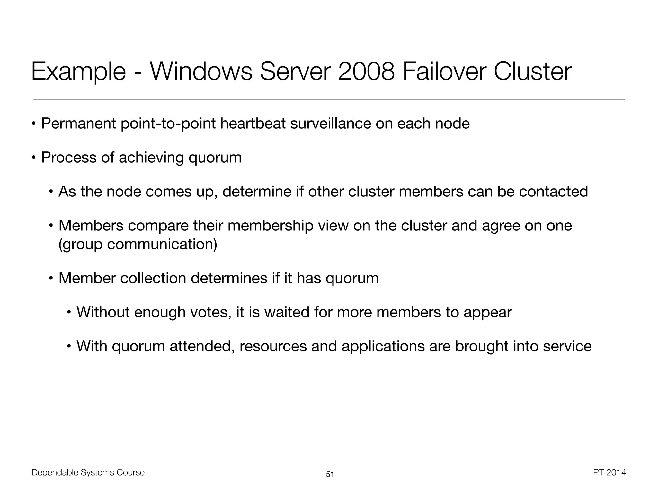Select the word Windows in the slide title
tap(201, 72)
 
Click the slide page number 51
tap(330, 474)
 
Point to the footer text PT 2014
tap(609, 472)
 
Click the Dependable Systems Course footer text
tap(88, 472)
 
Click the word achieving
tap(151, 158)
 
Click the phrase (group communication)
tap(138, 244)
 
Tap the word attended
tap(202, 346)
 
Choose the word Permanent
tap(79, 124)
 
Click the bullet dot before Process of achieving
tap(33, 158)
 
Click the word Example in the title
tap(79, 72)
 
